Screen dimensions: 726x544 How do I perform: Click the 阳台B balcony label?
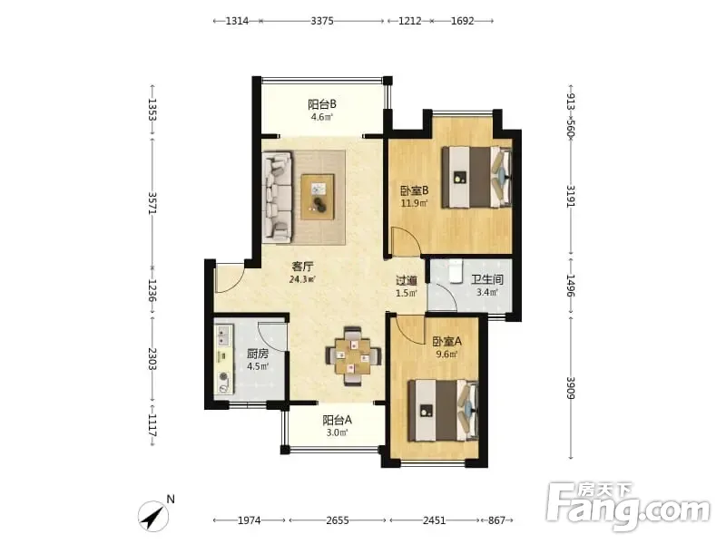click(322, 104)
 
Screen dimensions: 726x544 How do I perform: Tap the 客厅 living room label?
click(302, 267)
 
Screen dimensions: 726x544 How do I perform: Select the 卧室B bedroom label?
click(414, 190)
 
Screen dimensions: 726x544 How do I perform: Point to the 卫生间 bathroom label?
click(487, 279)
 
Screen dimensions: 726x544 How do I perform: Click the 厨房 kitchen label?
click(258, 354)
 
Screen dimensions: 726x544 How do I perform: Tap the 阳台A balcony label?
click(337, 420)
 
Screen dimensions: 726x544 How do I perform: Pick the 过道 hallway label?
click(407, 280)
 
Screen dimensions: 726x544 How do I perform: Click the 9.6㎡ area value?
click(446, 355)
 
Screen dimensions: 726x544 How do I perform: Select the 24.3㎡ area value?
click(302, 279)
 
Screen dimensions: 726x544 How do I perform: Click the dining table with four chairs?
click(353, 356)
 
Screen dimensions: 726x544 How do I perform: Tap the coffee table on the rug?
click(318, 197)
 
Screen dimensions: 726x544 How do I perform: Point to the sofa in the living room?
click(278, 198)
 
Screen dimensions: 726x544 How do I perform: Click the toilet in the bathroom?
click(456, 271)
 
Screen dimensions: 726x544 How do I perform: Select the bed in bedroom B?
click(476, 177)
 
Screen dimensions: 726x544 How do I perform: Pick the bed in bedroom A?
click(443, 411)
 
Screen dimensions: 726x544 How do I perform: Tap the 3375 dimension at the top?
click(322, 21)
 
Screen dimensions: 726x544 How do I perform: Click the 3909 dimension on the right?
click(571, 389)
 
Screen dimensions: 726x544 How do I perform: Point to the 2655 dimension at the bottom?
click(338, 520)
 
